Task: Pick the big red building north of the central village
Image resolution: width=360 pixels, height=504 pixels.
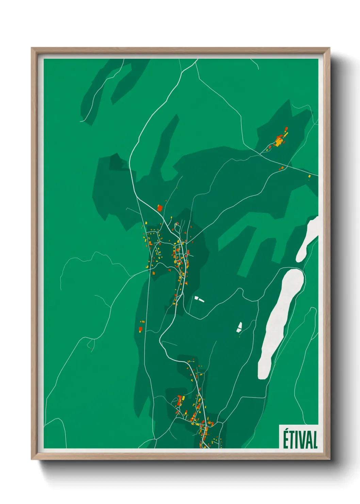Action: pyautogui.click(x=160, y=207)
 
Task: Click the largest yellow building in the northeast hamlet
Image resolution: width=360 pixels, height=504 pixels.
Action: pyautogui.click(x=279, y=142)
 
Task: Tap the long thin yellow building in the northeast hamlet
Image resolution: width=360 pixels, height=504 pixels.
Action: pyautogui.click(x=285, y=135)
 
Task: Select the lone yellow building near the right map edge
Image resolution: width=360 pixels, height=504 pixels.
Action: pyautogui.click(x=309, y=176)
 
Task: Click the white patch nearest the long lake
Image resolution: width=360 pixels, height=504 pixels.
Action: pyautogui.click(x=239, y=327)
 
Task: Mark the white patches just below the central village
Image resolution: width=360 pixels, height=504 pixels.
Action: pyautogui.click(x=199, y=299)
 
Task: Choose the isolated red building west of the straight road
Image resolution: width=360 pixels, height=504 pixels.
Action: pyautogui.click(x=140, y=329)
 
